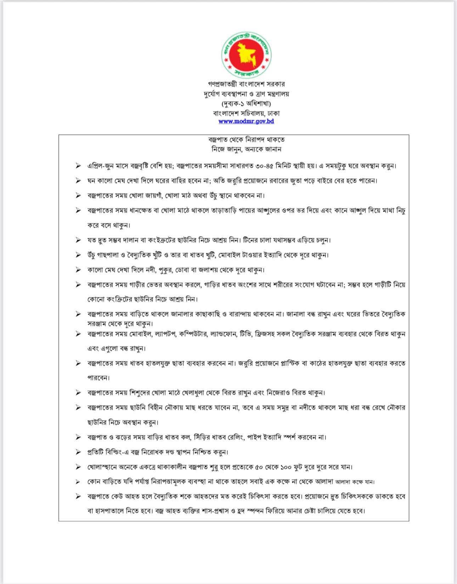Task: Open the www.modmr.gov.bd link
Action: pos(246,121)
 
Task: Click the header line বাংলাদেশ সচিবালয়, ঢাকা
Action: pos(246,113)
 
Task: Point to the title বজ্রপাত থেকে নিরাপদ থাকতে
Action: pos(246,140)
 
